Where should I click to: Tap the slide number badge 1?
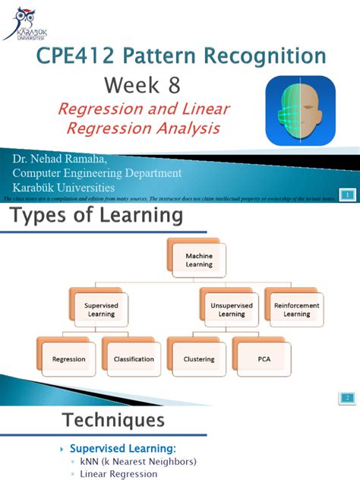click(346, 196)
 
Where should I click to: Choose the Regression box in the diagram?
click(68, 358)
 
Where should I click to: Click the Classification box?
click(134, 358)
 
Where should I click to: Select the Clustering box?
click(199, 358)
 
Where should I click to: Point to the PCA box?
click(264, 358)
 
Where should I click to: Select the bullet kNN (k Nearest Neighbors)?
click(139, 461)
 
